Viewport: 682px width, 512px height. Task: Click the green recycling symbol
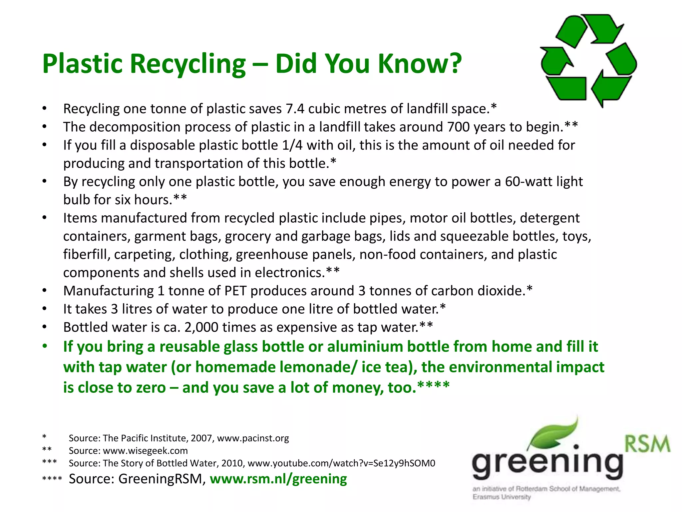[588, 60]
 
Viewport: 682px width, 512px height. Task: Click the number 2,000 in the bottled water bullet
[201, 327]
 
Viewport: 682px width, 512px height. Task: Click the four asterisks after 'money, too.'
[433, 387]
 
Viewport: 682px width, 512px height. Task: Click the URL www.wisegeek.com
[145, 451]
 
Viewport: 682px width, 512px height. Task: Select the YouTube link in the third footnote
[341, 463]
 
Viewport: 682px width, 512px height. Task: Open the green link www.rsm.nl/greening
[278, 479]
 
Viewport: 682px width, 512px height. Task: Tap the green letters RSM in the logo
[647, 444]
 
